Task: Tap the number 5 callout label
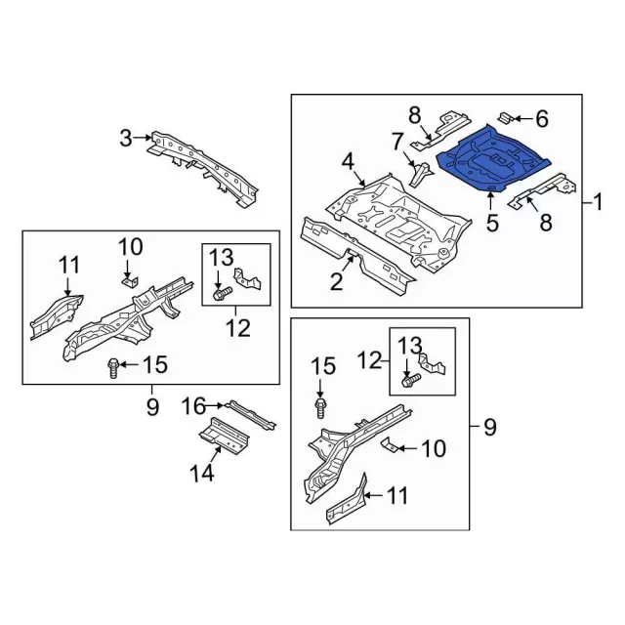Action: pyautogui.click(x=492, y=223)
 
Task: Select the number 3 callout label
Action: pyautogui.click(x=125, y=139)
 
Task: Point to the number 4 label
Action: pyautogui.click(x=347, y=160)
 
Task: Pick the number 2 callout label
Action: pyautogui.click(x=336, y=283)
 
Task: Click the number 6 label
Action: pyautogui.click(x=542, y=119)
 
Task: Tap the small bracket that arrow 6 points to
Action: pyautogui.click(x=508, y=119)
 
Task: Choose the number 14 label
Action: pyautogui.click(x=201, y=474)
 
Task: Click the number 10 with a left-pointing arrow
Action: pyautogui.click(x=433, y=448)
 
